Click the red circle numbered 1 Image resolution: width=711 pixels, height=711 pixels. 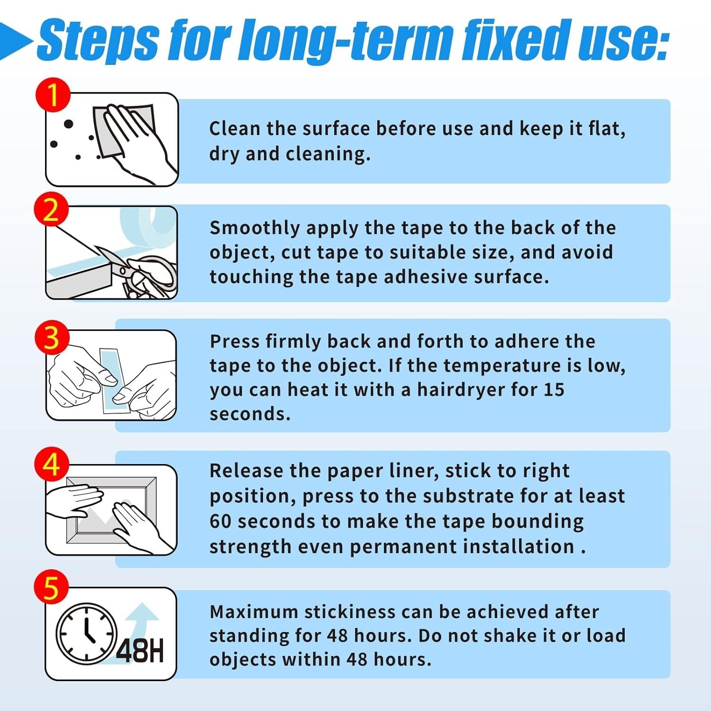click(x=53, y=95)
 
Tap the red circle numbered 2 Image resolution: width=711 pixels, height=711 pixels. click(x=52, y=209)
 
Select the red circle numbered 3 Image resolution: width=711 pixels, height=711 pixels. click(x=52, y=338)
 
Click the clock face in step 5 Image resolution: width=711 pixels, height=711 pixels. click(x=86, y=633)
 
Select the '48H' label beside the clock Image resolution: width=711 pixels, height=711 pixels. click(x=140, y=650)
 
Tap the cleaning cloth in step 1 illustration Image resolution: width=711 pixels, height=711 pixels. click(x=124, y=130)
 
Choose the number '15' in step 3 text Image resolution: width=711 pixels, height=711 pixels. click(x=554, y=390)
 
